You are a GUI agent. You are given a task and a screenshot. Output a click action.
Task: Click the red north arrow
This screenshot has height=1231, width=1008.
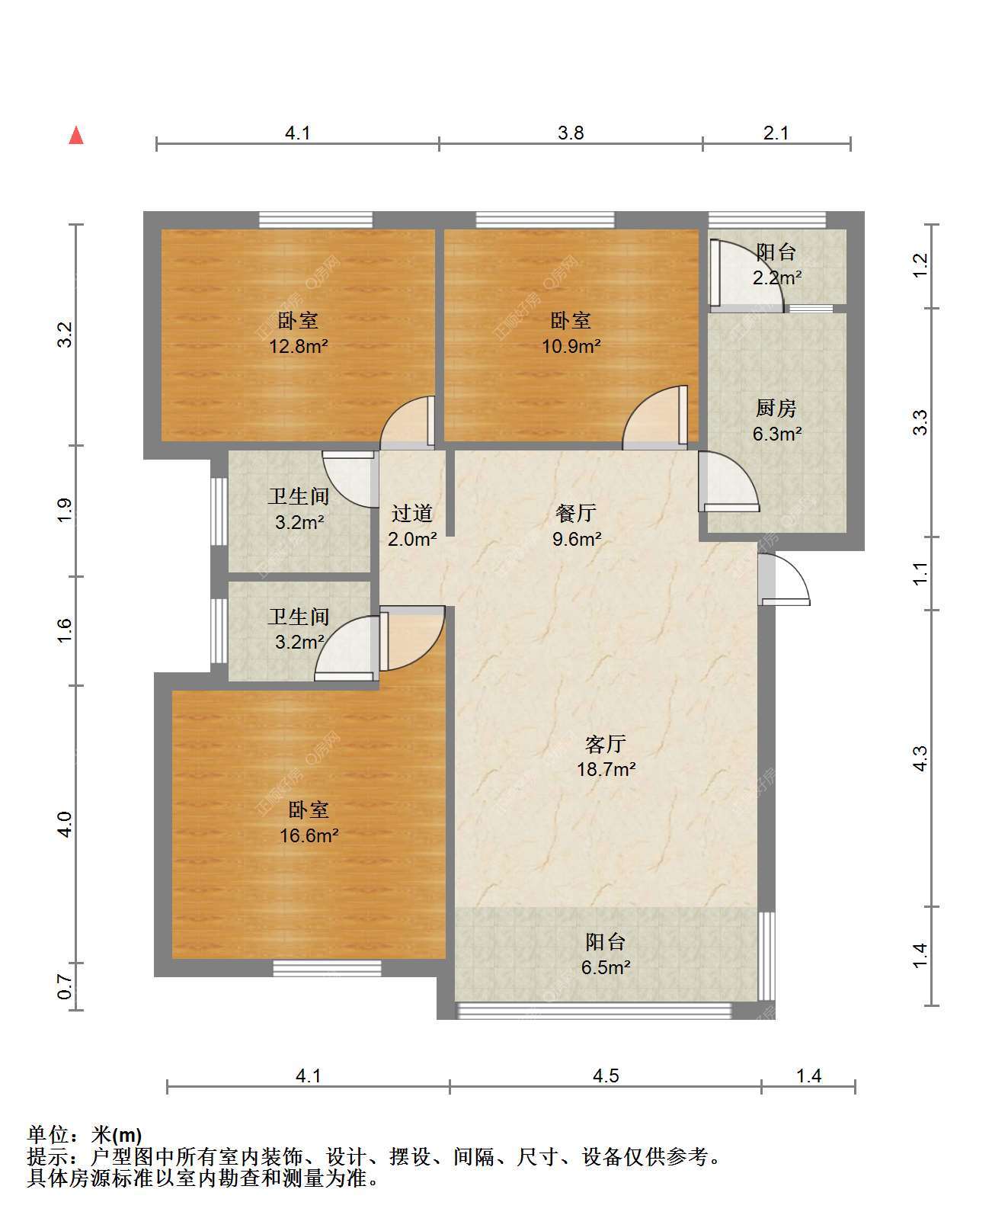point(76,136)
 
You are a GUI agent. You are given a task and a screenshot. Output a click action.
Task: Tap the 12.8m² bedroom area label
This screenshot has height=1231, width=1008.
point(298,347)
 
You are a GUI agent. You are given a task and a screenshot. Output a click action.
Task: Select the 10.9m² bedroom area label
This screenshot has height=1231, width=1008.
point(571,347)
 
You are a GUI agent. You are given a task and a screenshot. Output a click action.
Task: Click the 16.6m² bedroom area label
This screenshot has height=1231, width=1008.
point(309,836)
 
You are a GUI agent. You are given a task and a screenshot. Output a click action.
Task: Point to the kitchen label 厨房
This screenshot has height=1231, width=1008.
point(776,409)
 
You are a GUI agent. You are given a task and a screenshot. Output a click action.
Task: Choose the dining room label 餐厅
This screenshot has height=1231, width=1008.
point(576,514)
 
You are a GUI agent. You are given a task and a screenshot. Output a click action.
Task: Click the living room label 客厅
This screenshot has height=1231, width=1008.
point(606,743)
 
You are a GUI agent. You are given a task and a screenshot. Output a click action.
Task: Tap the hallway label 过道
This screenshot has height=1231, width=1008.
point(412,514)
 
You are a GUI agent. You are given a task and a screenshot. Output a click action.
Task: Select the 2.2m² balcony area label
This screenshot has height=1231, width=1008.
point(777,277)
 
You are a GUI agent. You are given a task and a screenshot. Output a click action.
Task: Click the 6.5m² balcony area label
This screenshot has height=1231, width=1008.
point(606,968)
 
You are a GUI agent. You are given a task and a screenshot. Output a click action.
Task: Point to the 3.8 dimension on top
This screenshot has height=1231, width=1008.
point(571,133)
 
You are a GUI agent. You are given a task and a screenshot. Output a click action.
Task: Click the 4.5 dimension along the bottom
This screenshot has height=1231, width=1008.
point(606,1076)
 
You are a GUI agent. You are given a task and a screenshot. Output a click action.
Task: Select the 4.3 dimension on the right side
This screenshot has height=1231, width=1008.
point(920,758)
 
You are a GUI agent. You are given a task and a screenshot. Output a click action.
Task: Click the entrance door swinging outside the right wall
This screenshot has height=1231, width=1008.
point(785,579)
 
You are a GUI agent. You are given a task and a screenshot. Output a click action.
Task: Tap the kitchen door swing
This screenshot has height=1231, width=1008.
point(728,482)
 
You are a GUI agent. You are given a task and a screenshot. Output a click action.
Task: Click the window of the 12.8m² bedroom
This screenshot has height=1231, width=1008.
point(316,220)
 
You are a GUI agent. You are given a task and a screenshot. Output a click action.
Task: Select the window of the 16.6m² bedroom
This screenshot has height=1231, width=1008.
point(327,968)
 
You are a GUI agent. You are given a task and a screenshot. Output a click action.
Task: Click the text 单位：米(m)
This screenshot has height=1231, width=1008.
point(85,1135)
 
